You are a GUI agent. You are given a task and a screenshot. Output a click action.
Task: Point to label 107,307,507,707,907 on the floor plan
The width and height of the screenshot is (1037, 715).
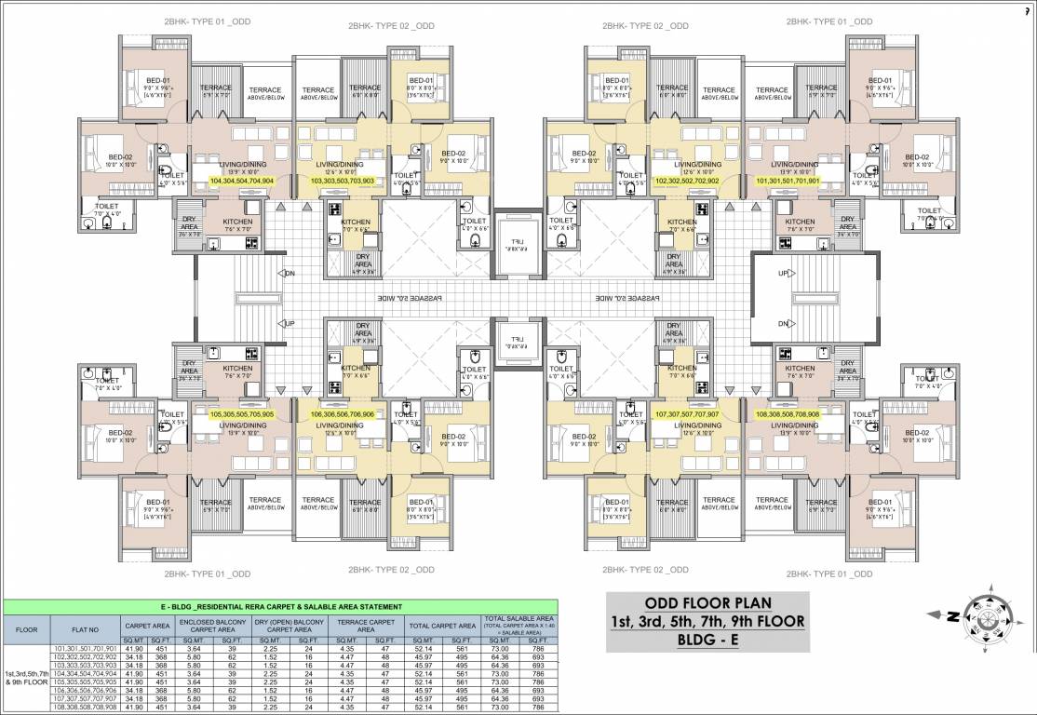point(687,414)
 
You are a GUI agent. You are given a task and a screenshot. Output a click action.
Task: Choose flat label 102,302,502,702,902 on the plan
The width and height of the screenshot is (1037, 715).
point(687,182)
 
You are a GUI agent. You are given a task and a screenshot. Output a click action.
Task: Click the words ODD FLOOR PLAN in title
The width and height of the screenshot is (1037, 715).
point(706,602)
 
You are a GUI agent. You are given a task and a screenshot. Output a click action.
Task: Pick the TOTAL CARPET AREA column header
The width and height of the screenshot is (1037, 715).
point(442,627)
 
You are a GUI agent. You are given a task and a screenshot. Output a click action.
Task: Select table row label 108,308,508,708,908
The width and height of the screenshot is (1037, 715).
point(86,708)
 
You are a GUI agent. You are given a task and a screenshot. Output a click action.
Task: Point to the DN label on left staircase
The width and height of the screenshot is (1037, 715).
point(290,274)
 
